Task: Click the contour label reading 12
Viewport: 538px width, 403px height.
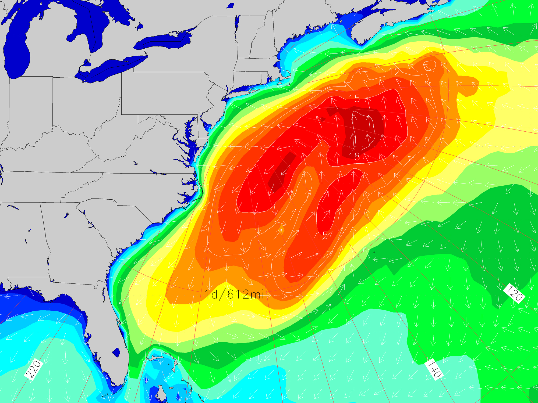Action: point(394,72)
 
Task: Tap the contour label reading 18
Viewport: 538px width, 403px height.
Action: point(354,156)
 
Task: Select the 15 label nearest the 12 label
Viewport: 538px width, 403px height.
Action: point(354,99)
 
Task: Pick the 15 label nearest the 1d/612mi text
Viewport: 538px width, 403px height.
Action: point(322,236)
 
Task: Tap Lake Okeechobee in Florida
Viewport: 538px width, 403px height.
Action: point(116,352)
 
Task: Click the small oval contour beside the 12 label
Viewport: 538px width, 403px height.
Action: point(430,66)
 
